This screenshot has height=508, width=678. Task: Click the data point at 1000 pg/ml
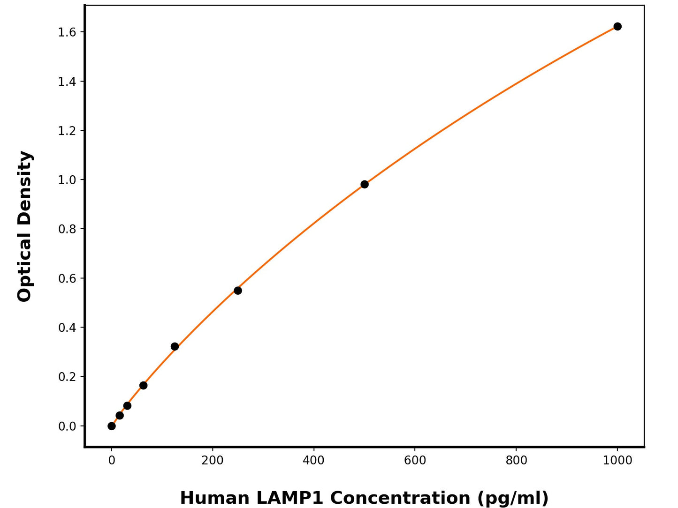pos(617,26)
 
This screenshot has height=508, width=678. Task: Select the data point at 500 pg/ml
pos(365,184)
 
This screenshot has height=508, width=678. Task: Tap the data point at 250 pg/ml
pos(238,291)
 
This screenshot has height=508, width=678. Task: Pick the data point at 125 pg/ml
pos(175,347)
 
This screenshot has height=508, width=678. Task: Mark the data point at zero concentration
pos(112,426)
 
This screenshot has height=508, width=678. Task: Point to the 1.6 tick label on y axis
pos(67,32)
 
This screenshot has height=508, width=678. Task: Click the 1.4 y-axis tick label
pos(67,82)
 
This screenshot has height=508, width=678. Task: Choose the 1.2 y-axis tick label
pos(67,131)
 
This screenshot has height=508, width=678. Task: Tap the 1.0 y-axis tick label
pos(67,180)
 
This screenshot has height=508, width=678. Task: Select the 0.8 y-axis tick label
pos(67,230)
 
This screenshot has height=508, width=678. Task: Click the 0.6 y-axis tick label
pos(67,279)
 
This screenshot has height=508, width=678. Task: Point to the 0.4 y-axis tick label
pos(67,328)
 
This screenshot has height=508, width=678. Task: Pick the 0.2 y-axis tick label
pos(67,377)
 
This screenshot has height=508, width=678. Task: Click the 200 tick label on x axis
pos(213,461)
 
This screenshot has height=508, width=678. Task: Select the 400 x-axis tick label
pos(314,461)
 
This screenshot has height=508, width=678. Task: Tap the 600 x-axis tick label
pos(415,461)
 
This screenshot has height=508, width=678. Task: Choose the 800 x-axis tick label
pos(516,461)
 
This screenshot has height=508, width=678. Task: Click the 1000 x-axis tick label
pos(617,461)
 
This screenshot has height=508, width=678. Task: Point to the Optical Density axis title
pos(24,226)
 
